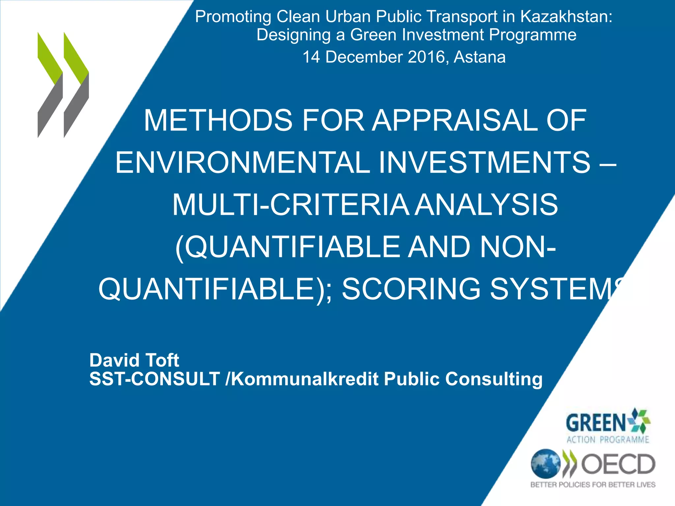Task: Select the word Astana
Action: pyautogui.click(x=480, y=57)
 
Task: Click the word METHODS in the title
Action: pyautogui.click(x=218, y=120)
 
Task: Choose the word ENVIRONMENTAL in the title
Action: pyautogui.click(x=243, y=162)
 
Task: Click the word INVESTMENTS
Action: pyautogui.click(x=484, y=162)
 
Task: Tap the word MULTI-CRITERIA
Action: pyautogui.click(x=290, y=205)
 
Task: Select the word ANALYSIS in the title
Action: pyautogui.click(x=486, y=205)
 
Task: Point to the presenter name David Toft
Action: pyautogui.click(x=134, y=360)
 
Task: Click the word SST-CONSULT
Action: pyautogui.click(x=155, y=379)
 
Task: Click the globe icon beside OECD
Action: pyautogui.click(x=545, y=464)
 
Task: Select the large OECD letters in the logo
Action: pyautogui.click(x=618, y=464)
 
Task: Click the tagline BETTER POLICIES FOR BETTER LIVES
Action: pyautogui.click(x=593, y=485)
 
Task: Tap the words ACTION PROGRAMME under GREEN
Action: pyautogui.click(x=607, y=440)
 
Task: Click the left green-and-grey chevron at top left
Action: pyautogui.click(x=50, y=85)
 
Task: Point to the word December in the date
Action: pyautogui.click(x=364, y=57)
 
